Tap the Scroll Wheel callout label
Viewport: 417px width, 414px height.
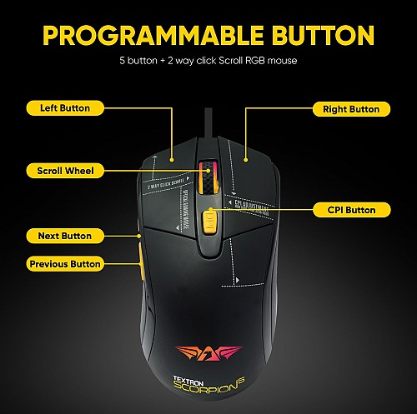click(x=65, y=171)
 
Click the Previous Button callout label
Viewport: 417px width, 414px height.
click(x=65, y=264)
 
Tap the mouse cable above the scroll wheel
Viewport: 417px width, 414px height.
click(x=208, y=133)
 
